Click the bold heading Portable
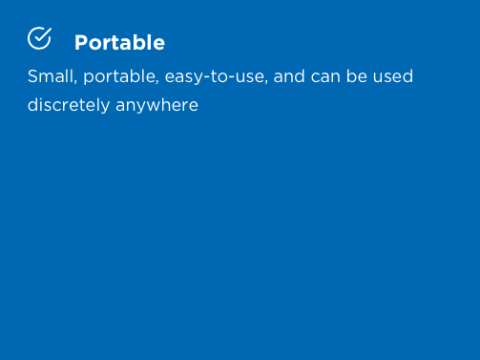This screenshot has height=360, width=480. (x=119, y=43)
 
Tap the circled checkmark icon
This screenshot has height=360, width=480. (x=39, y=38)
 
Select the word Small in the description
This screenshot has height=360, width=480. (x=51, y=76)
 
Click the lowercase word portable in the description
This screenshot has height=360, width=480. (x=119, y=76)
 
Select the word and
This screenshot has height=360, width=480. (x=289, y=76)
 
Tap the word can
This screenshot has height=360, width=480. (x=325, y=77)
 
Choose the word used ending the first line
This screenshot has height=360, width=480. (x=393, y=76)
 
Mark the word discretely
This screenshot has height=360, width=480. (x=69, y=105)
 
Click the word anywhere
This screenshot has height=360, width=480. (x=157, y=106)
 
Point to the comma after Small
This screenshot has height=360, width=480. (x=75, y=82)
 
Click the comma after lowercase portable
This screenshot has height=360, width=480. (x=157, y=82)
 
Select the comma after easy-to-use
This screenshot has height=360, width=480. (x=266, y=82)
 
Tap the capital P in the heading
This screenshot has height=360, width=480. (x=81, y=43)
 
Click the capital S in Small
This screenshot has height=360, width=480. (x=32, y=76)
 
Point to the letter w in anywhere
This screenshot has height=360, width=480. (x=154, y=106)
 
